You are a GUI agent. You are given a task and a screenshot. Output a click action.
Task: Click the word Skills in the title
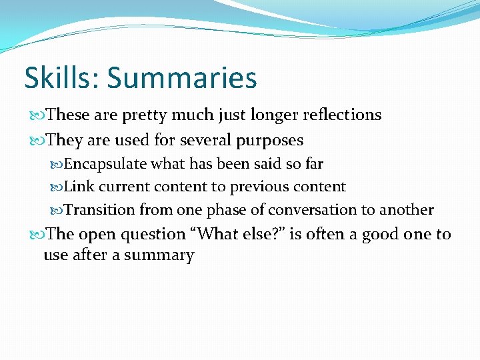61,77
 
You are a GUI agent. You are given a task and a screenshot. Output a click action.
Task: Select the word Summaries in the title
181,77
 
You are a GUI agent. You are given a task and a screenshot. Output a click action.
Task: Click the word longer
273,115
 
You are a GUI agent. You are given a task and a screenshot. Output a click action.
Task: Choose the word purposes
269,141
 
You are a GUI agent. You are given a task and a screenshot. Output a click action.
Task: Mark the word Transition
100,210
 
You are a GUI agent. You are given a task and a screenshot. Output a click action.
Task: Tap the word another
407,210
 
